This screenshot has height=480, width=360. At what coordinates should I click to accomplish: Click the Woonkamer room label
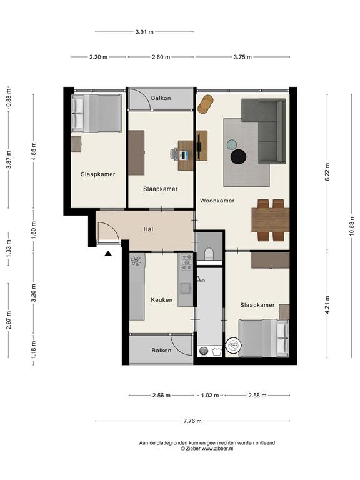pyautogui.click(x=217, y=201)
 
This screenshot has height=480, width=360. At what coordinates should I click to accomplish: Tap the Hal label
pyautogui.click(x=149, y=229)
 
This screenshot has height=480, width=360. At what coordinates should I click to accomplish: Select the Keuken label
pyautogui.click(x=162, y=300)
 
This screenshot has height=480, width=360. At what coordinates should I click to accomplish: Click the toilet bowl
pyautogui.click(x=209, y=254)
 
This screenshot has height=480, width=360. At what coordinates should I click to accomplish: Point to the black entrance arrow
pyautogui.click(x=107, y=254)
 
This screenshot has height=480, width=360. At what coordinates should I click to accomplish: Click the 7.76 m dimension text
pyautogui.click(x=192, y=421)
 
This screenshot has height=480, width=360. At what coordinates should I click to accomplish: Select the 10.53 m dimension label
pyautogui.click(x=351, y=225)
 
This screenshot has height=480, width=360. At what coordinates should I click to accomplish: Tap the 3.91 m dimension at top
pyautogui.click(x=144, y=31)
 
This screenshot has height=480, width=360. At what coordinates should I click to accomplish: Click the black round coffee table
pyautogui.click(x=239, y=157)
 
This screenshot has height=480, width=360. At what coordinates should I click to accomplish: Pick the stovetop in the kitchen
pyautogui.click(x=186, y=262)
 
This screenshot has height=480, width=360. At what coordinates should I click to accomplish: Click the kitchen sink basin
pyautogui.click(x=186, y=289)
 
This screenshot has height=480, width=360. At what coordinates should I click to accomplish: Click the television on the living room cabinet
pyautogui.click(x=199, y=146)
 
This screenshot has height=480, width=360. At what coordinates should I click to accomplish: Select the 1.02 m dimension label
pyautogui.click(x=210, y=395)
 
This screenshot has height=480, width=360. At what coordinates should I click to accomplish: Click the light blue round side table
pyautogui.click(x=232, y=144)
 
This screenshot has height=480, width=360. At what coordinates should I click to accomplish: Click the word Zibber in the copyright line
pyautogui.click(x=193, y=449)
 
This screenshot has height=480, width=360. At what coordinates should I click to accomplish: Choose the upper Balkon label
pyautogui.click(x=161, y=98)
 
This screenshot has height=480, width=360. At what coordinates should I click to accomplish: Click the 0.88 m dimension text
pyautogui.click(x=9, y=97)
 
